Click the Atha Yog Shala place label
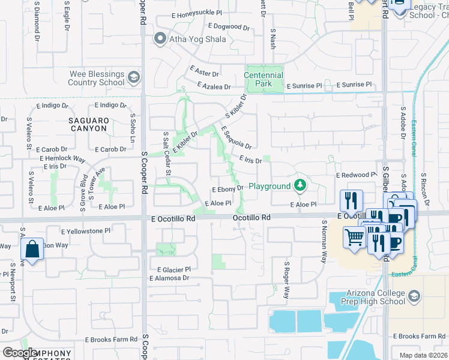coord(197,40)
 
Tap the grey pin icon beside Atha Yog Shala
coord(160,40)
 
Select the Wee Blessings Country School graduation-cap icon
coord(133,77)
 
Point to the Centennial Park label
coord(264,79)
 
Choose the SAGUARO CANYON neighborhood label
coord(88,125)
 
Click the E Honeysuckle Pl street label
coord(197,12)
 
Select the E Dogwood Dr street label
coord(229,27)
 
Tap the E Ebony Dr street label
coord(228,188)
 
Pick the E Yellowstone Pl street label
coord(86,230)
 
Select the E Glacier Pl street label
coord(173,269)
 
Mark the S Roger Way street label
coord(287,280)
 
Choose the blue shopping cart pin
coord(355,236)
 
